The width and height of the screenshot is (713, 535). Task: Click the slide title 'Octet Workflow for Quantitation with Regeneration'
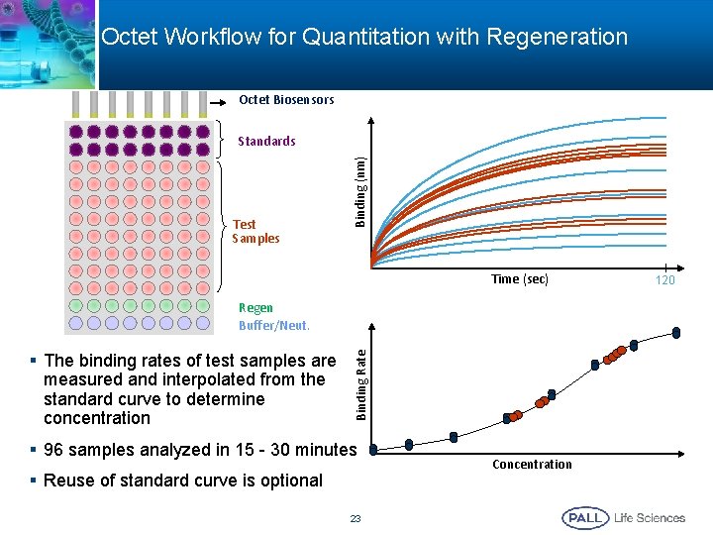tap(364, 38)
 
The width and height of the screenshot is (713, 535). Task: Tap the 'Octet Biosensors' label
tap(286, 100)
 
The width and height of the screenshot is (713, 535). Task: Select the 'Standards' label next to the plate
tap(266, 142)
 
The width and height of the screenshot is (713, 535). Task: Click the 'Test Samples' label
tap(255, 231)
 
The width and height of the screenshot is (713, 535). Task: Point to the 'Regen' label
tap(255, 308)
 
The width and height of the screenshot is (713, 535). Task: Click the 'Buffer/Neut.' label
tap(274, 325)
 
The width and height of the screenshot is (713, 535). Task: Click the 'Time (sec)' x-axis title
tap(520, 279)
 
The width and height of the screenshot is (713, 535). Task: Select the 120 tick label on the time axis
tap(664, 280)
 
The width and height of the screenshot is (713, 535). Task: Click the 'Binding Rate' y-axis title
tap(361, 381)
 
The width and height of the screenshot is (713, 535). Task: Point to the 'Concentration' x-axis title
tap(532, 465)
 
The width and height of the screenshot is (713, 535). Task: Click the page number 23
tap(356, 517)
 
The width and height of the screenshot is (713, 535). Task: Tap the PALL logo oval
tap(584, 517)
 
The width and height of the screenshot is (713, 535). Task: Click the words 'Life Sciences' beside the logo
tap(650, 517)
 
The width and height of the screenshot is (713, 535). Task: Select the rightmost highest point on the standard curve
tap(676, 333)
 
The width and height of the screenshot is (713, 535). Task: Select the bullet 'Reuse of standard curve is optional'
tap(182, 481)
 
